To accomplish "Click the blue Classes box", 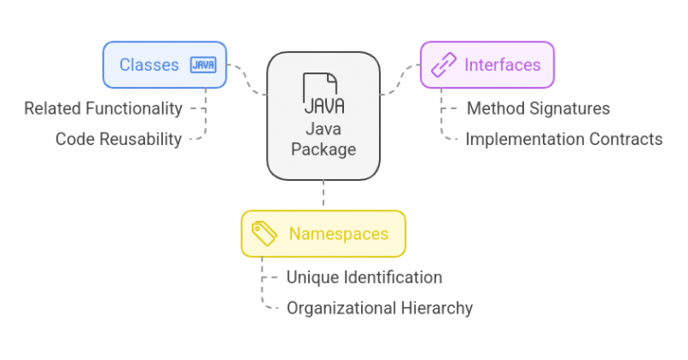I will [165, 64].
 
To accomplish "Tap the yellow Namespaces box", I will [322, 234].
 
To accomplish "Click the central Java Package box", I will [323, 116].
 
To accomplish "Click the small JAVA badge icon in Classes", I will [202, 64].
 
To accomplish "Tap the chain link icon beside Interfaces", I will [443, 64].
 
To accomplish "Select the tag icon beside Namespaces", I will [264, 234].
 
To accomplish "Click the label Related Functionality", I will [103, 108].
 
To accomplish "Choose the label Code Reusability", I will [118, 139].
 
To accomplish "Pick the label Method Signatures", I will [538, 108].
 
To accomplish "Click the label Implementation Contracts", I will [563, 139].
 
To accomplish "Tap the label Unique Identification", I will [364, 278].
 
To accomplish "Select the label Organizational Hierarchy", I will [379, 308].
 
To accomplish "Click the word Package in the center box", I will [323, 150].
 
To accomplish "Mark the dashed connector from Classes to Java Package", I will [247, 81].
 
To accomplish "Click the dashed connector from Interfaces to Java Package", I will [400, 81].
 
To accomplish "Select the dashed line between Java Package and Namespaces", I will [323, 195].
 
